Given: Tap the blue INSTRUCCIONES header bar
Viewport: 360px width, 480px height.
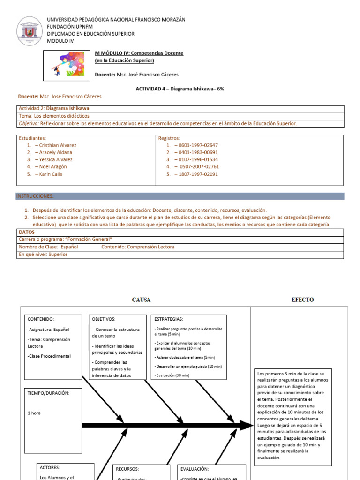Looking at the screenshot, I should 180,196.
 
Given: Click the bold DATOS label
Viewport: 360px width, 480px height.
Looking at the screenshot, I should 26,232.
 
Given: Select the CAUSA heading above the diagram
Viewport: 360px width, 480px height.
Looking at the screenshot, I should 141,300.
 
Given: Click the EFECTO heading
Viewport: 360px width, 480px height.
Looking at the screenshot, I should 303,300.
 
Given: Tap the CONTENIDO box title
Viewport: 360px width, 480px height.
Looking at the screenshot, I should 41,319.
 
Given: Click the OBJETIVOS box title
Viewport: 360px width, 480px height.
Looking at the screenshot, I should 104,319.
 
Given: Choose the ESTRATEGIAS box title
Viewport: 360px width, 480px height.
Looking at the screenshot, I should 169,319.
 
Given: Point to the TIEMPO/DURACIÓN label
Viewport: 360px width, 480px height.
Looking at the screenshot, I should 48,393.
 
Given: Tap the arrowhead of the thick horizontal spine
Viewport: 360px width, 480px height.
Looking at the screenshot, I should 247,426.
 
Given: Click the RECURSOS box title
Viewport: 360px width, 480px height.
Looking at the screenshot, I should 127,469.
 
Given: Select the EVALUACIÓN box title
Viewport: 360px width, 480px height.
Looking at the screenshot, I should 195,469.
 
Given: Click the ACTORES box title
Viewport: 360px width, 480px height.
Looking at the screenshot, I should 50,467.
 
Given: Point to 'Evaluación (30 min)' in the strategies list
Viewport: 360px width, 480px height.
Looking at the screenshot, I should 172,375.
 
